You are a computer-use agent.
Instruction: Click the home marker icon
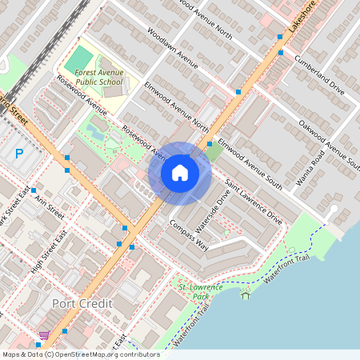pyautogui.click(x=180, y=173)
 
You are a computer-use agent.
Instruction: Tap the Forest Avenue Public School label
pyautogui.click(x=94, y=76)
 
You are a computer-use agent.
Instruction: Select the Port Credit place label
pyautogui.click(x=82, y=304)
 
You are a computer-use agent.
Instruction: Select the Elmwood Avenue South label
pyautogui.click(x=250, y=163)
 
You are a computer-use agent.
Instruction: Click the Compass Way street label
pyautogui.click(x=189, y=234)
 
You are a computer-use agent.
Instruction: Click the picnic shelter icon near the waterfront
pyautogui.click(x=246, y=295)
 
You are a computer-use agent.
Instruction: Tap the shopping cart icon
pyautogui.click(x=45, y=334)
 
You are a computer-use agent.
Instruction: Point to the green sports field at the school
pyautogui.click(x=78, y=58)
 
